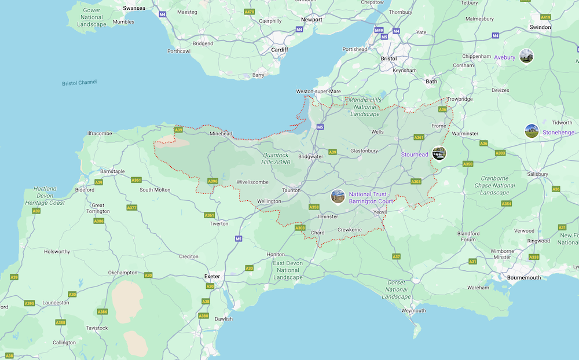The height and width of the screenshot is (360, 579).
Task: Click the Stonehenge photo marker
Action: tap(532, 131)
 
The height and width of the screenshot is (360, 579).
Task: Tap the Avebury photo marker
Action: tap(526, 56)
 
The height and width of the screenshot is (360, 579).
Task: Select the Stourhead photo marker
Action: tap(439, 154)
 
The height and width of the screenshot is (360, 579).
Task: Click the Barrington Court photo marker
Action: tap(338, 197)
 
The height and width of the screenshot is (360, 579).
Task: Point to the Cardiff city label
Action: tap(280, 50)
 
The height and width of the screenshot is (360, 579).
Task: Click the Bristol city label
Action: tap(389, 58)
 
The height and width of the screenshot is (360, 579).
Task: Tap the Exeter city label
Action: tap(212, 277)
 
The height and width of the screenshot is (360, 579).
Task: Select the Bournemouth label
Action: tap(523, 278)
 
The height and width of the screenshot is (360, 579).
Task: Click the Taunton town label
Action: tap(291, 190)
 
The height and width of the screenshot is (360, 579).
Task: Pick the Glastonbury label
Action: tap(364, 151)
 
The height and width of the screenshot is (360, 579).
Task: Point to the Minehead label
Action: tap(221, 134)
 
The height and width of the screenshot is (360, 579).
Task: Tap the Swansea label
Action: tap(134, 8)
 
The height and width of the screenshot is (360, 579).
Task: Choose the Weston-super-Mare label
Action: tap(318, 91)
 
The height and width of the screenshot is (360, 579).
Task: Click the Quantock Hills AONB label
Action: tap(276, 159)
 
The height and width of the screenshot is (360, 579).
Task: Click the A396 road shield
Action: tap(212, 181)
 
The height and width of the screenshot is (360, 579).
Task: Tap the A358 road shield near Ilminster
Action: tap(314, 207)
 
